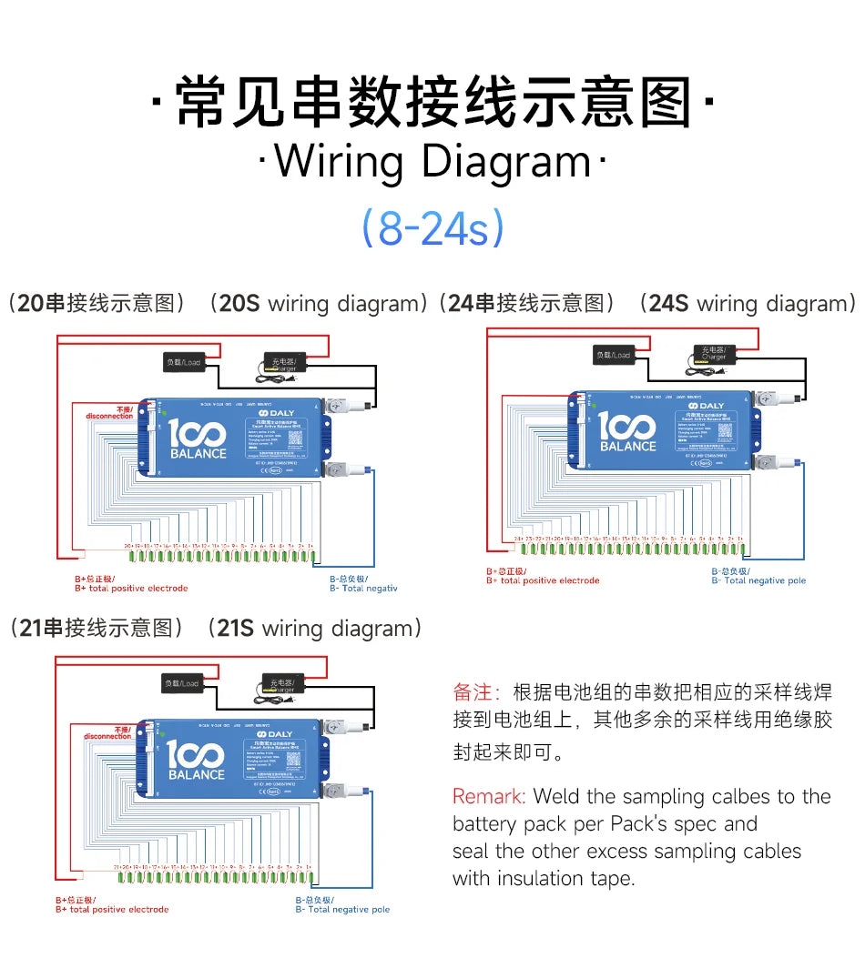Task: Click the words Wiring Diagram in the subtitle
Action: click(432, 162)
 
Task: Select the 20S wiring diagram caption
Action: click(219, 304)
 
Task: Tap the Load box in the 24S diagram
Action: click(613, 355)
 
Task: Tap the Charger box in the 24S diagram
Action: click(713, 354)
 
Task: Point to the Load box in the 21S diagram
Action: click(182, 683)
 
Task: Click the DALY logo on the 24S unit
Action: click(707, 406)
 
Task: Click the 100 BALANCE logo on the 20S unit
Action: click(198, 439)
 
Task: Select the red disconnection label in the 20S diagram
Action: click(110, 413)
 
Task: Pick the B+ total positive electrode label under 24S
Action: click(543, 577)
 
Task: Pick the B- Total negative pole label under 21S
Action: click(342, 905)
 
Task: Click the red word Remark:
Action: click(489, 797)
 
